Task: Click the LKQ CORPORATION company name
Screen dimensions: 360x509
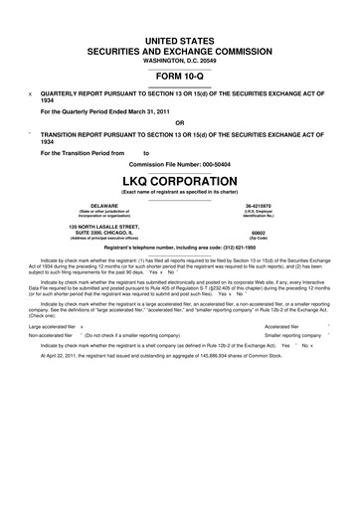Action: coord(180,181)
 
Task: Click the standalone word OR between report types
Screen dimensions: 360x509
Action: coord(180,123)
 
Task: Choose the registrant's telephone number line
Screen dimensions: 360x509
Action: coord(180,249)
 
